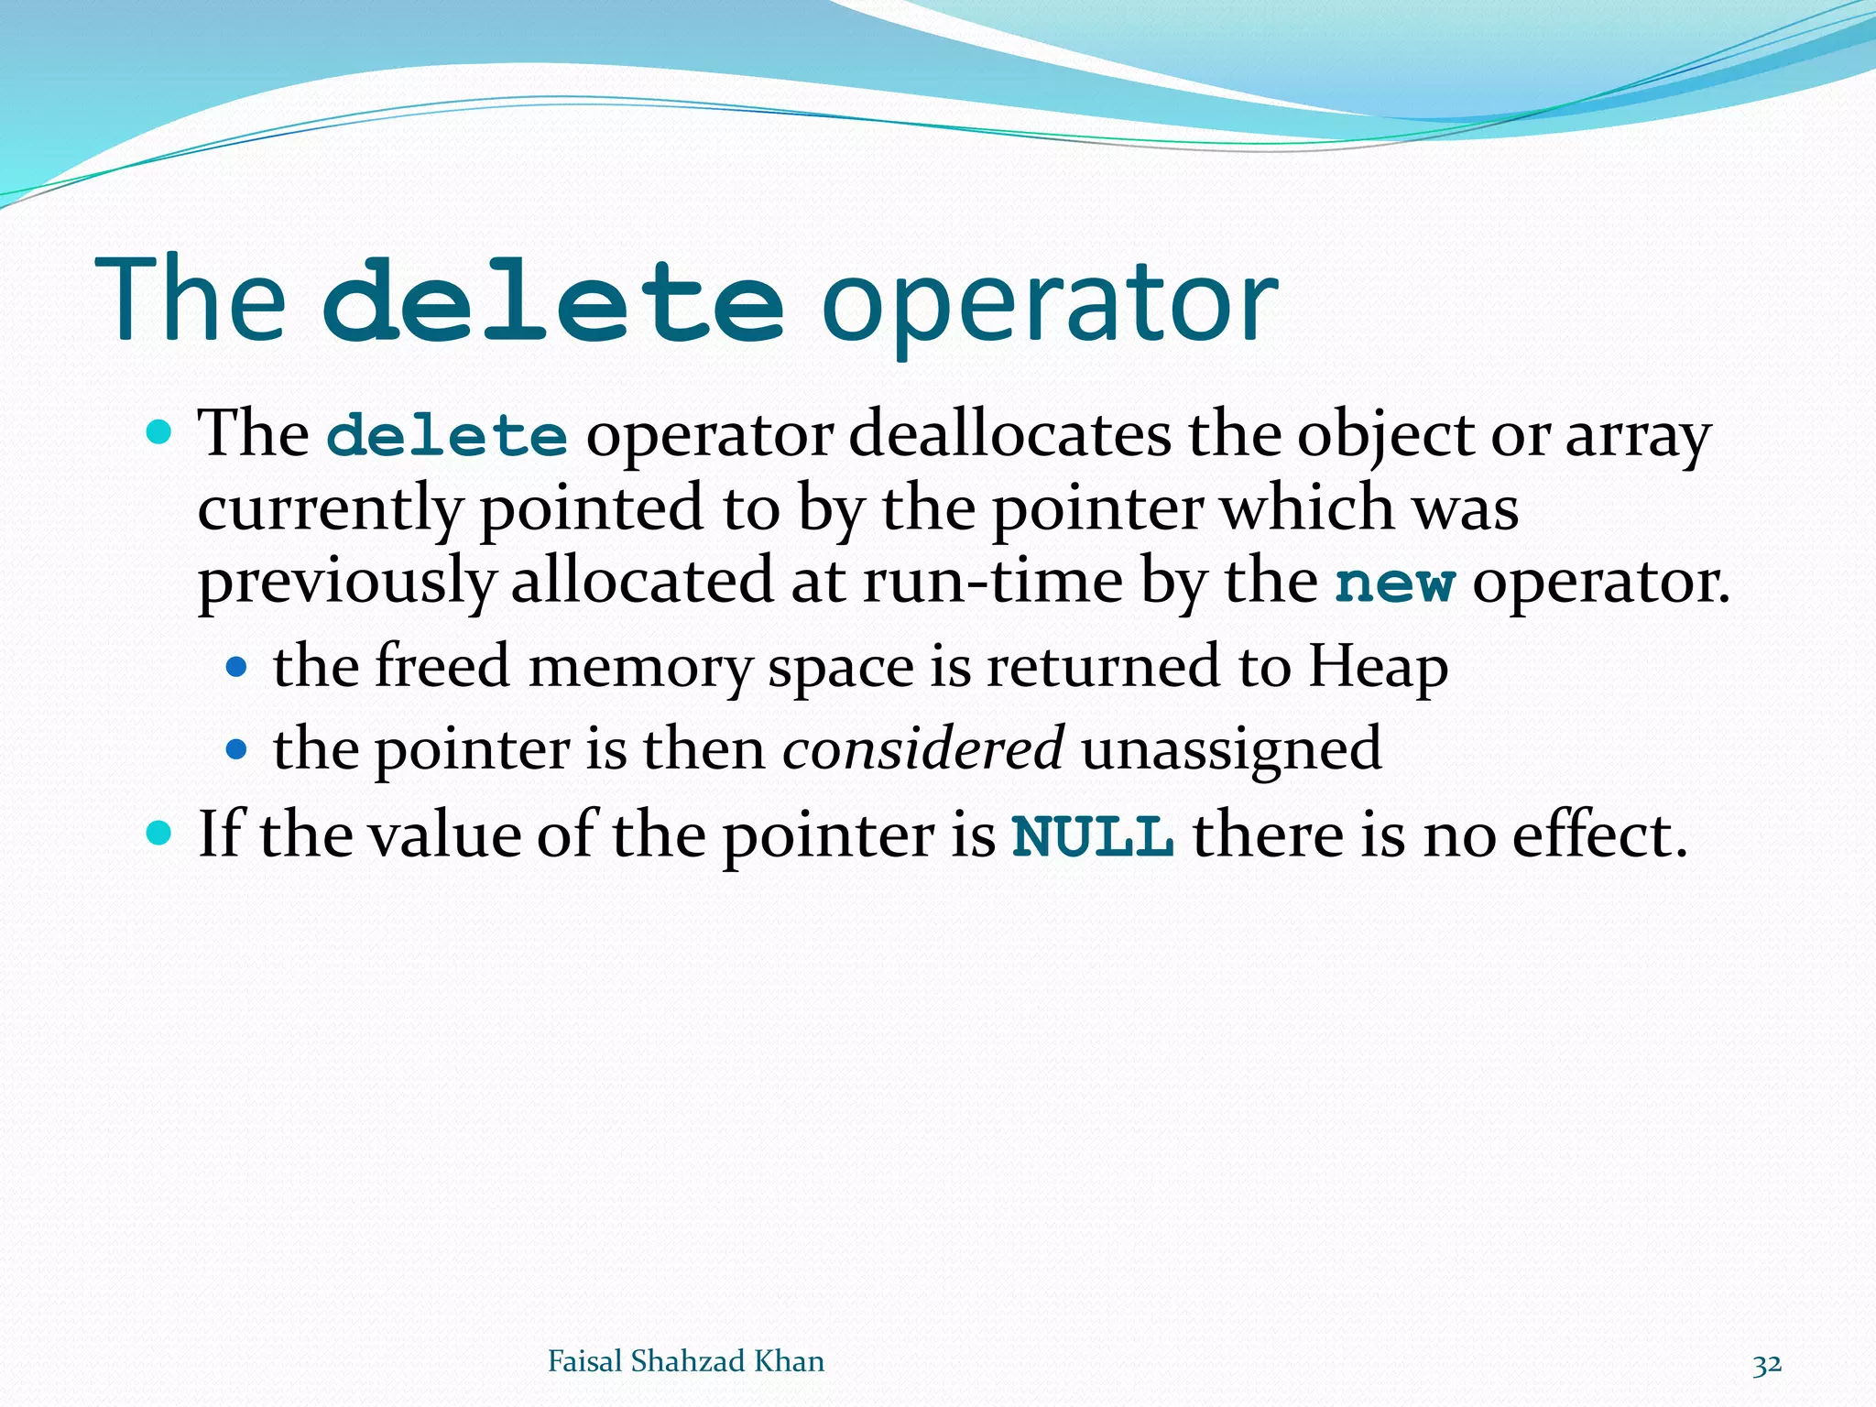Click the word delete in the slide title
(553, 300)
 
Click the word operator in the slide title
(1048, 302)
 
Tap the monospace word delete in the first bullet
(447, 436)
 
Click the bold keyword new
(1394, 583)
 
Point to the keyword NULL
(1092, 835)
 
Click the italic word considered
(922, 748)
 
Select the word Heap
(1377, 667)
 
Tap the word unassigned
(1230, 748)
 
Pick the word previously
(346, 583)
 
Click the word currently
(329, 509)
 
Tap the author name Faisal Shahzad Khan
(685, 1361)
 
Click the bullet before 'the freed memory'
(236, 667)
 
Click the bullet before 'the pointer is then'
(236, 749)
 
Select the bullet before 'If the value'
(158, 833)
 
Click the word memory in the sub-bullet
(638, 667)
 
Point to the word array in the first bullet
(1637, 436)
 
